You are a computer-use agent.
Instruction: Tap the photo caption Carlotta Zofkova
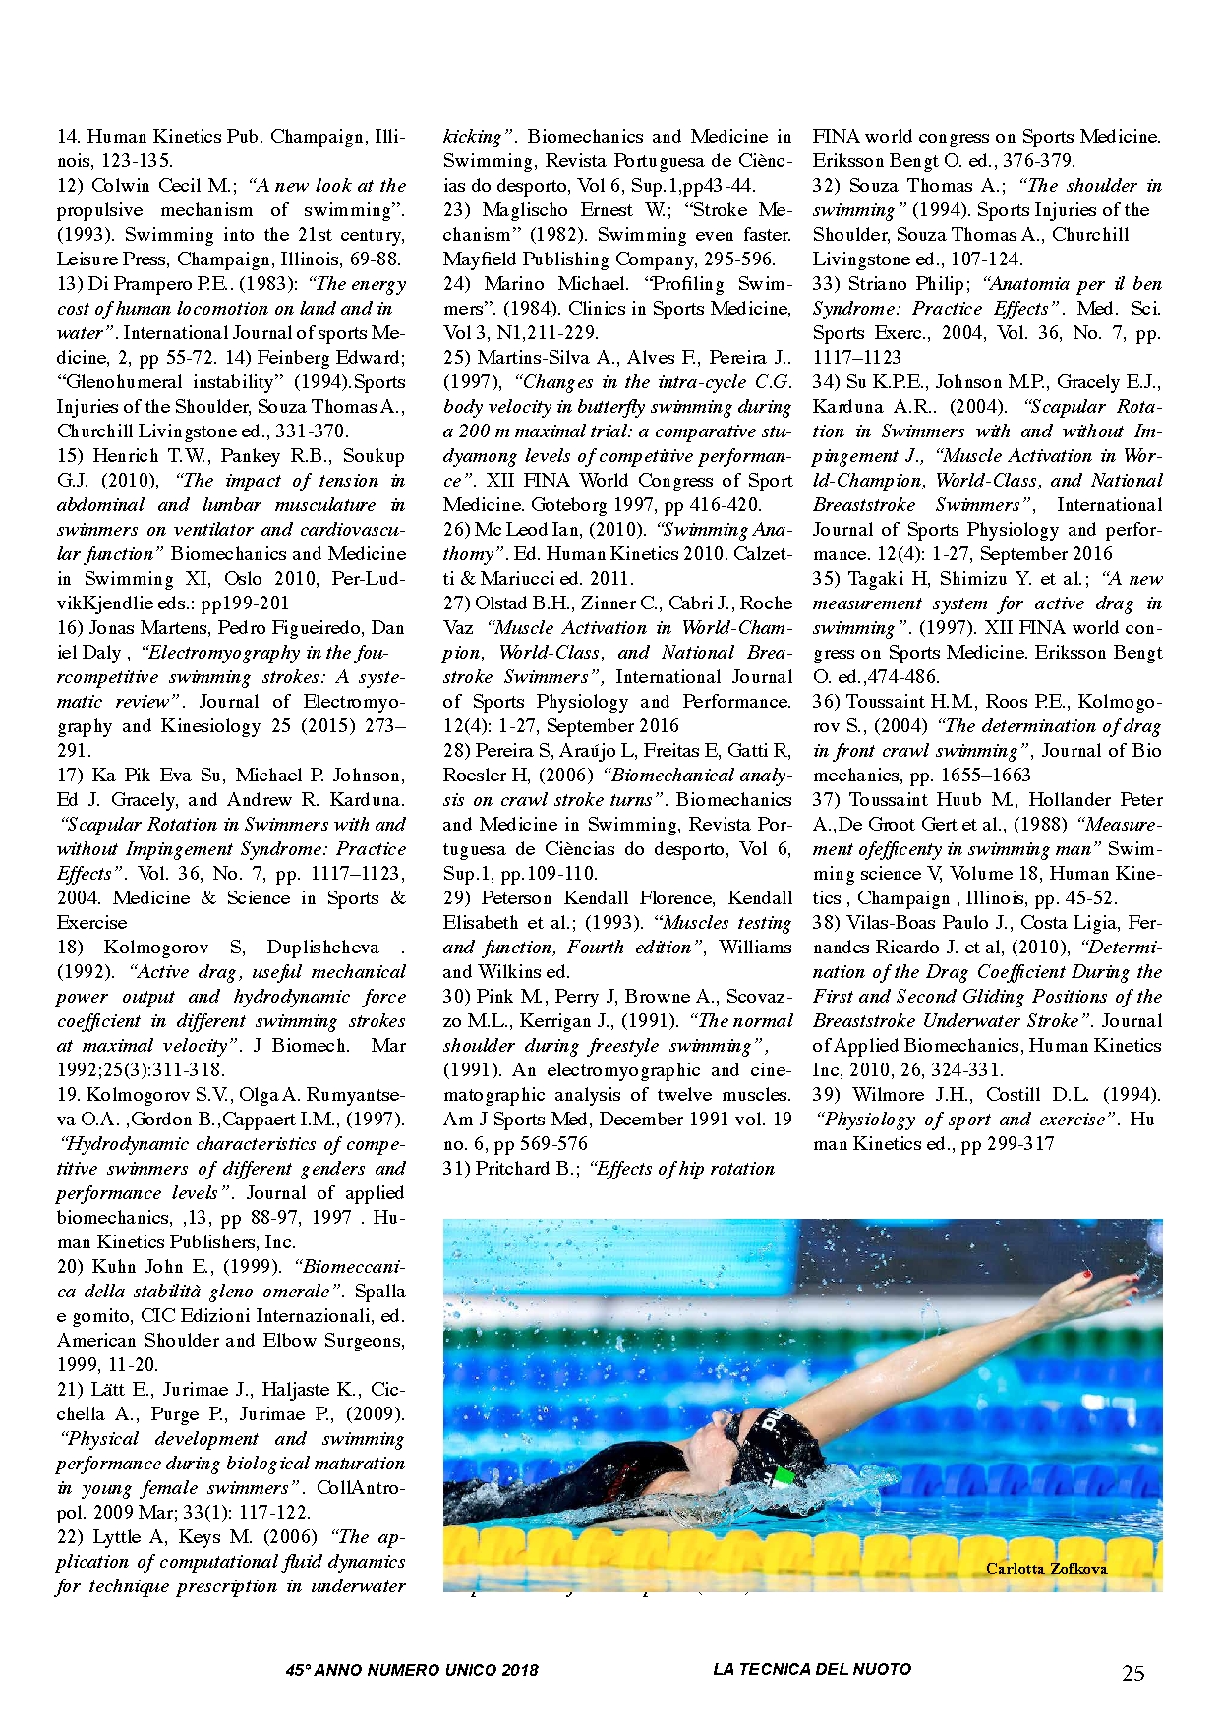1046,1568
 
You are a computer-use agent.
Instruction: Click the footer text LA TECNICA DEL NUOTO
812,1669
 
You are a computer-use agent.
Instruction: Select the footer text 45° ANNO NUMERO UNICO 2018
412,1670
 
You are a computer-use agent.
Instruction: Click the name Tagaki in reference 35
879,579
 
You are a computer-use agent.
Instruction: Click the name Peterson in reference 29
516,898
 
